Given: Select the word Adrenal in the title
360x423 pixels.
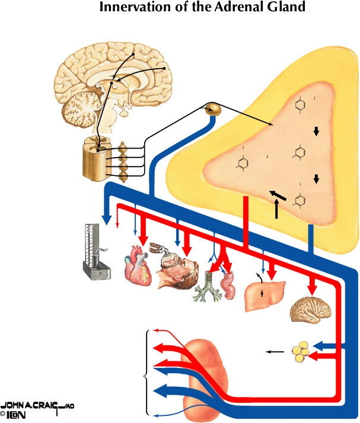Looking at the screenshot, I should pos(227,8).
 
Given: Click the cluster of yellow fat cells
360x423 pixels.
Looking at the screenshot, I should pos(300,351).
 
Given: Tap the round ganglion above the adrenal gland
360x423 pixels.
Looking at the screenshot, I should pos(212,109).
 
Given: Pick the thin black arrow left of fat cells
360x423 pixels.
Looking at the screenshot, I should pos(275,352).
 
